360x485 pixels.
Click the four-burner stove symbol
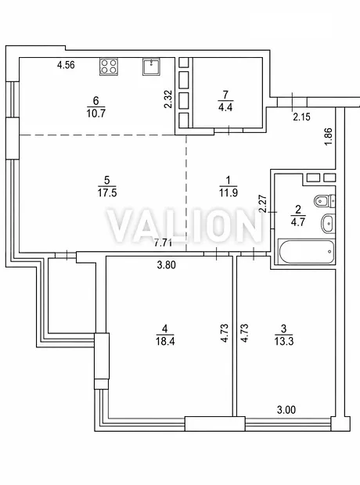pyautogui.click(x=109, y=66)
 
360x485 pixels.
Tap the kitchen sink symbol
pyautogui.click(x=152, y=66)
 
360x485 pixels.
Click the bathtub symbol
pyautogui.click(x=307, y=251)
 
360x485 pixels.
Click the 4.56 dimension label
pyautogui.click(x=66, y=65)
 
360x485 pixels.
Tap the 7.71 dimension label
pyautogui.click(x=163, y=242)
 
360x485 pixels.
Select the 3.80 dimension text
pyautogui.click(x=167, y=264)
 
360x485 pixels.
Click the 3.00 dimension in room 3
pyautogui.click(x=286, y=410)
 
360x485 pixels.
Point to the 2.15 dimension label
pyautogui.click(x=301, y=117)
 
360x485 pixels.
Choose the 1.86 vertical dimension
pyautogui.click(x=329, y=137)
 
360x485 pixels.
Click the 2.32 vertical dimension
pyautogui.click(x=167, y=99)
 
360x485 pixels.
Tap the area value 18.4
pyautogui.click(x=165, y=341)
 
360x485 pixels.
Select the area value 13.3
pyautogui.click(x=284, y=341)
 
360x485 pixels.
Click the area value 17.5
pyautogui.click(x=107, y=193)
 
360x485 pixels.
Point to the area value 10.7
pyautogui.click(x=96, y=113)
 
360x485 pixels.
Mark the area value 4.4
pyautogui.click(x=225, y=107)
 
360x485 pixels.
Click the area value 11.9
pyautogui.click(x=229, y=192)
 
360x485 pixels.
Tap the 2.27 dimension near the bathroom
pyautogui.click(x=263, y=203)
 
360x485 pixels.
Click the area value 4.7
pyautogui.click(x=297, y=222)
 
